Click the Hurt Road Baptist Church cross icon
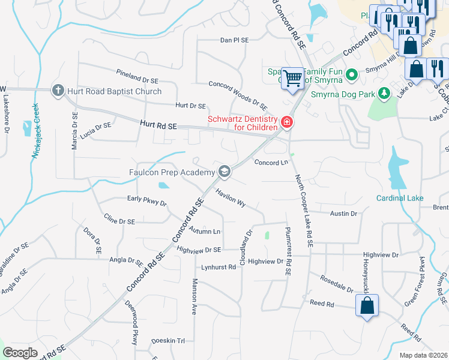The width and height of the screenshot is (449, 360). (x=58, y=91)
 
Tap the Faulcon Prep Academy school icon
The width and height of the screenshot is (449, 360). (x=224, y=173)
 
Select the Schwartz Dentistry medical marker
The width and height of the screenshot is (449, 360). (x=286, y=123)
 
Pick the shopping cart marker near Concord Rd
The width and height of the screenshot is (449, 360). (x=293, y=78)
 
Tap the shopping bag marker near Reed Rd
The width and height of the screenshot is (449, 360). (x=367, y=305)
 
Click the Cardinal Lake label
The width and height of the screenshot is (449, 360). (x=400, y=198)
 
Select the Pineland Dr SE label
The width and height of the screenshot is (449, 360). (x=137, y=75)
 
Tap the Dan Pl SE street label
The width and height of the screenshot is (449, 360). (x=234, y=40)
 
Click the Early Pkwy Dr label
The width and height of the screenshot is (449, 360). (x=146, y=200)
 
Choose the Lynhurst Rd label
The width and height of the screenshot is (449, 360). (x=218, y=267)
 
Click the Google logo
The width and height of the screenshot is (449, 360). (x=20, y=353)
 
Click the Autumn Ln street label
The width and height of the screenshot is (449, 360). (x=205, y=231)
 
